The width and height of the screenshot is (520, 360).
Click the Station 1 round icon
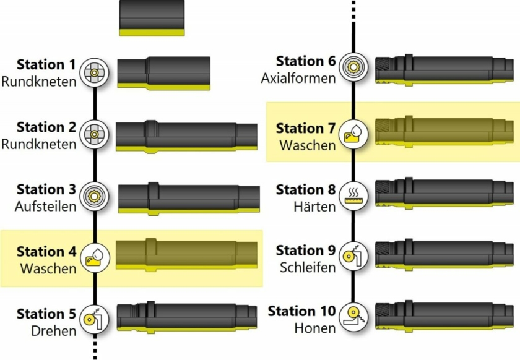click(x=95, y=72)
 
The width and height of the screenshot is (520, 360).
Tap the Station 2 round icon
click(x=95, y=134)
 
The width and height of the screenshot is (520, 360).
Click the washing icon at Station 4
click(x=95, y=257)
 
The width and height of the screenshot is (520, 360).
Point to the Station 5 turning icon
click(x=95, y=319)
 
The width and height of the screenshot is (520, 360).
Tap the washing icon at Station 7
click(x=353, y=132)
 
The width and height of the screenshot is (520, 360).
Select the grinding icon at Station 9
click(x=353, y=256)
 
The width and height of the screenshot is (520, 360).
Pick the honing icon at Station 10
click(x=353, y=317)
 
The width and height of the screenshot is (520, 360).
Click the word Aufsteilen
click(x=45, y=207)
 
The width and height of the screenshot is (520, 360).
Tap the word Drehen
click(x=54, y=331)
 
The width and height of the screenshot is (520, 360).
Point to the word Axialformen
click(x=298, y=79)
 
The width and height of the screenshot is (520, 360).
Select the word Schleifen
click(x=308, y=268)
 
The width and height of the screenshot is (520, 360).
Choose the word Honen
click(x=315, y=328)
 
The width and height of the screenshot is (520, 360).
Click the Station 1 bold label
click(x=46, y=65)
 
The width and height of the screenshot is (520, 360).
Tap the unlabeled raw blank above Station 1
click(x=152, y=19)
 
